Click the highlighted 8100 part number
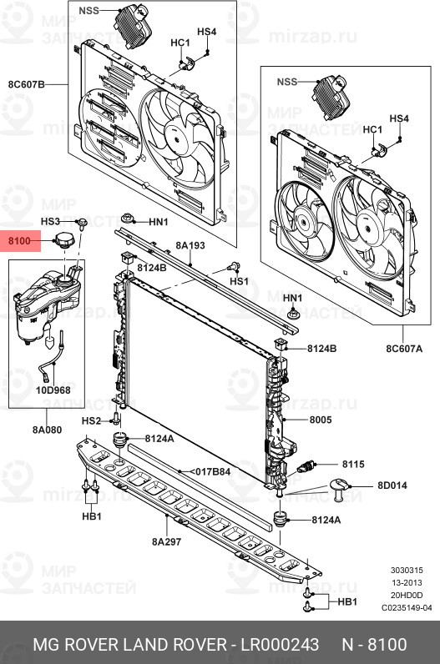click(19, 242)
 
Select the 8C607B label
click(26, 84)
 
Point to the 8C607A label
click(405, 348)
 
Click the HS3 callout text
click(51, 221)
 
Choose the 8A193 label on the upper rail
click(190, 246)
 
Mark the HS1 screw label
click(240, 282)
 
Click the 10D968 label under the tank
click(53, 390)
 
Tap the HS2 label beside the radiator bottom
click(91, 420)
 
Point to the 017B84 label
click(211, 471)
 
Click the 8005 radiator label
click(321, 421)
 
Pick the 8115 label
click(353, 464)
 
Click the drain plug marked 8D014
click(340, 487)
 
